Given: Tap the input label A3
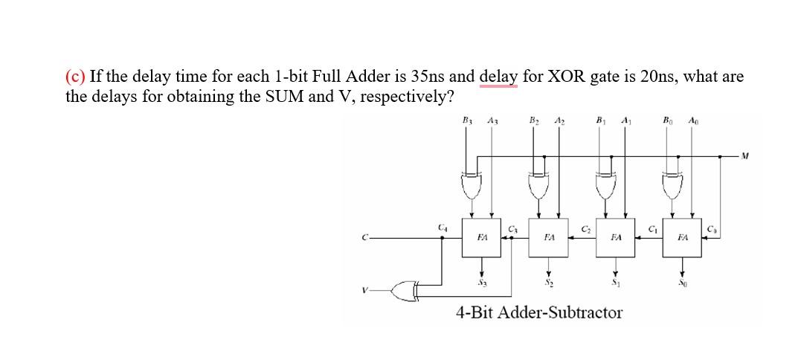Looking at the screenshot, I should pyautogui.click(x=492, y=122).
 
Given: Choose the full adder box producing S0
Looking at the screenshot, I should pyautogui.click(x=683, y=237).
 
